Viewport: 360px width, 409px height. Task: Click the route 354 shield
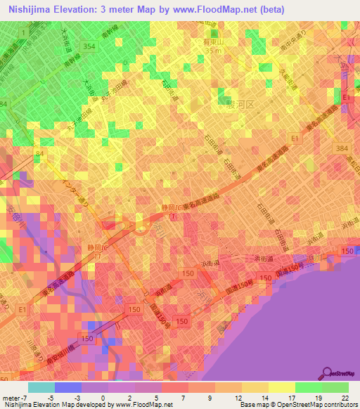[89, 46]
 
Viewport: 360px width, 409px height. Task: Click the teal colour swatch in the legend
[41, 387]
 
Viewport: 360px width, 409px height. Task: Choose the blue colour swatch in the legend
[68, 387]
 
